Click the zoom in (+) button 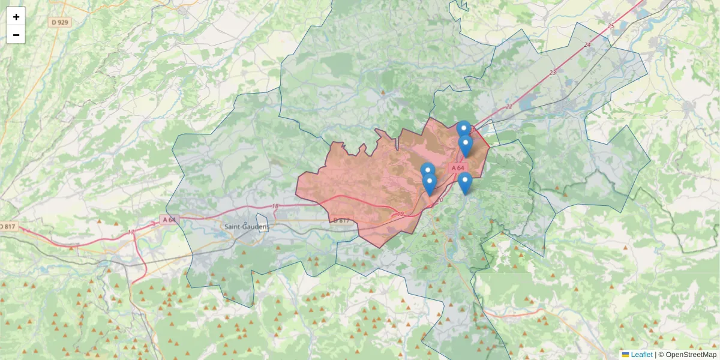pos(16,17)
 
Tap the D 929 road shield pos(61,22)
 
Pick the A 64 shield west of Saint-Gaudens pos(169,220)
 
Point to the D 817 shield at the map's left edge pos(8,227)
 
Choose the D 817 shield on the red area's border pos(340,221)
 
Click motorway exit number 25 pos(611,26)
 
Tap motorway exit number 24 pos(587,45)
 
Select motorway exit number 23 pos(553,73)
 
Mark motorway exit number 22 pos(509,107)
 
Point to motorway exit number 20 pos(439,200)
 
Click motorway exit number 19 pos(401,214)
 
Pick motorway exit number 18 pos(275,206)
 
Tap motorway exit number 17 pos(131,232)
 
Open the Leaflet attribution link pos(641,355)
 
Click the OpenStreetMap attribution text pos(691,355)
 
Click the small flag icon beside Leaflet pos(625,355)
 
